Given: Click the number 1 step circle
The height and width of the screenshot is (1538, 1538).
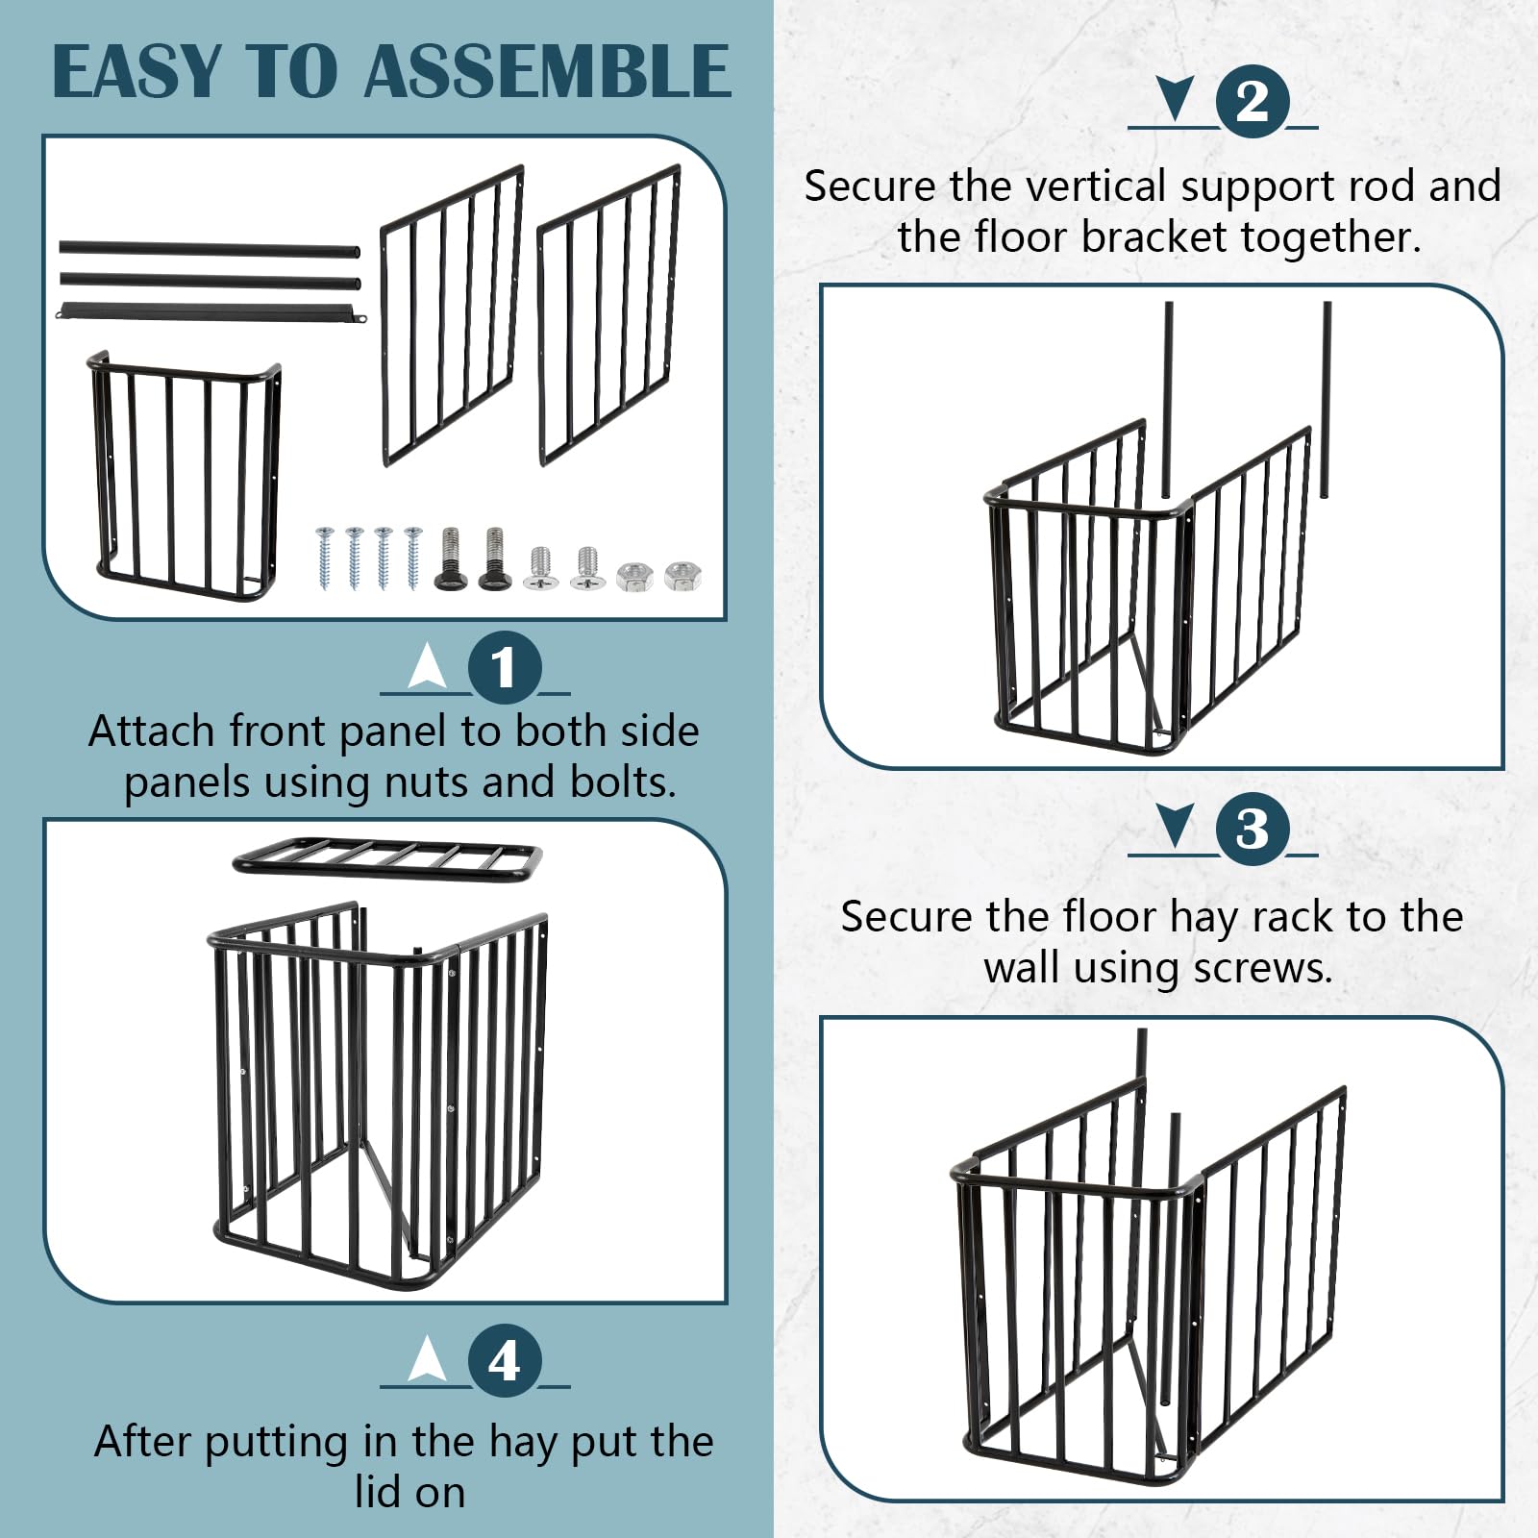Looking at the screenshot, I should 504,667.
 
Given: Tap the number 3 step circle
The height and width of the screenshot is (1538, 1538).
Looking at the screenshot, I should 1252,829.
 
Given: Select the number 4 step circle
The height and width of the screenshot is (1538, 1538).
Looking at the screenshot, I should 504,1361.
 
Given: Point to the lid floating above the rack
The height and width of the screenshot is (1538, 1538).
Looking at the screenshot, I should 387,856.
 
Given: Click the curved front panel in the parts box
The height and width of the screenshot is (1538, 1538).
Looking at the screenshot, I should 185,478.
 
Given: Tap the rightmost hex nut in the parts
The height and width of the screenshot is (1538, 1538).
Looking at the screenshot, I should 682,577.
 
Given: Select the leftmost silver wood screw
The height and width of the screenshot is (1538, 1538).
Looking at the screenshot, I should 324,558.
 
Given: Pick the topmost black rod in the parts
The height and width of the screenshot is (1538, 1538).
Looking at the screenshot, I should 210,249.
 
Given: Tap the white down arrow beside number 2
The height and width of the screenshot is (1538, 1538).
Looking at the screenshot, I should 1175,99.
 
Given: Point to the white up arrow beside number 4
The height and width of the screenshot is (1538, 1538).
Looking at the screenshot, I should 427,1358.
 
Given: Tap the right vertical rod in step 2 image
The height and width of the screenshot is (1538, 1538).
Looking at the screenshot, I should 1327,399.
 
